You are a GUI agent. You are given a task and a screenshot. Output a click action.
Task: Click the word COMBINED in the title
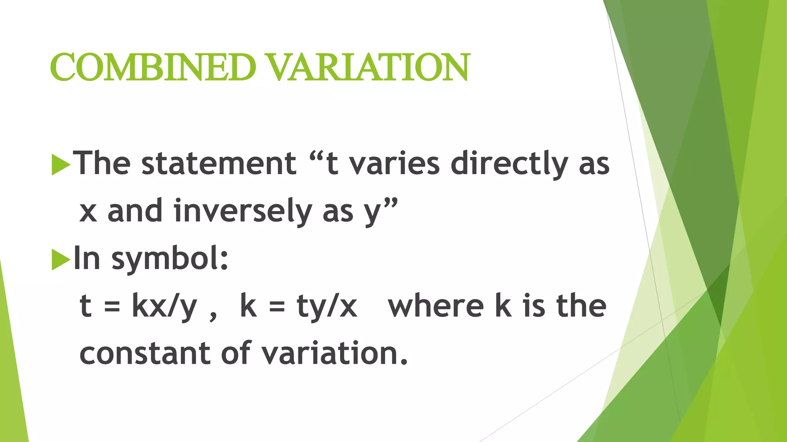[x=153, y=67]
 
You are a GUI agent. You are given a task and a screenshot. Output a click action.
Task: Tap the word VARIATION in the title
[x=369, y=67]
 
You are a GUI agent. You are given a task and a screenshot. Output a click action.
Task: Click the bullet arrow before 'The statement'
[x=61, y=165]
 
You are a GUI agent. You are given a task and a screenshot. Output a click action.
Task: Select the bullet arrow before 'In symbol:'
[x=61, y=260]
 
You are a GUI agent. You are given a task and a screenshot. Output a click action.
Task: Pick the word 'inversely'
[x=243, y=211]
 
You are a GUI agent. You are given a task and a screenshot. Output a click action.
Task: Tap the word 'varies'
[x=394, y=164]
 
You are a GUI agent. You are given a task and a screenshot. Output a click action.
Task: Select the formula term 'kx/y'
[x=164, y=307]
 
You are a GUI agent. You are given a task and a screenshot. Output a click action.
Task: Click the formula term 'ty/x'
[x=327, y=307]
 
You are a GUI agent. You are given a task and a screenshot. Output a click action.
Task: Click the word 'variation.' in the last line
[x=334, y=353]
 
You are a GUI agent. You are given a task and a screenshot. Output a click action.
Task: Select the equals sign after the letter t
[x=112, y=307]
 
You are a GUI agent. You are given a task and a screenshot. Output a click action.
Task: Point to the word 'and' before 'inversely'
[x=135, y=211]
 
